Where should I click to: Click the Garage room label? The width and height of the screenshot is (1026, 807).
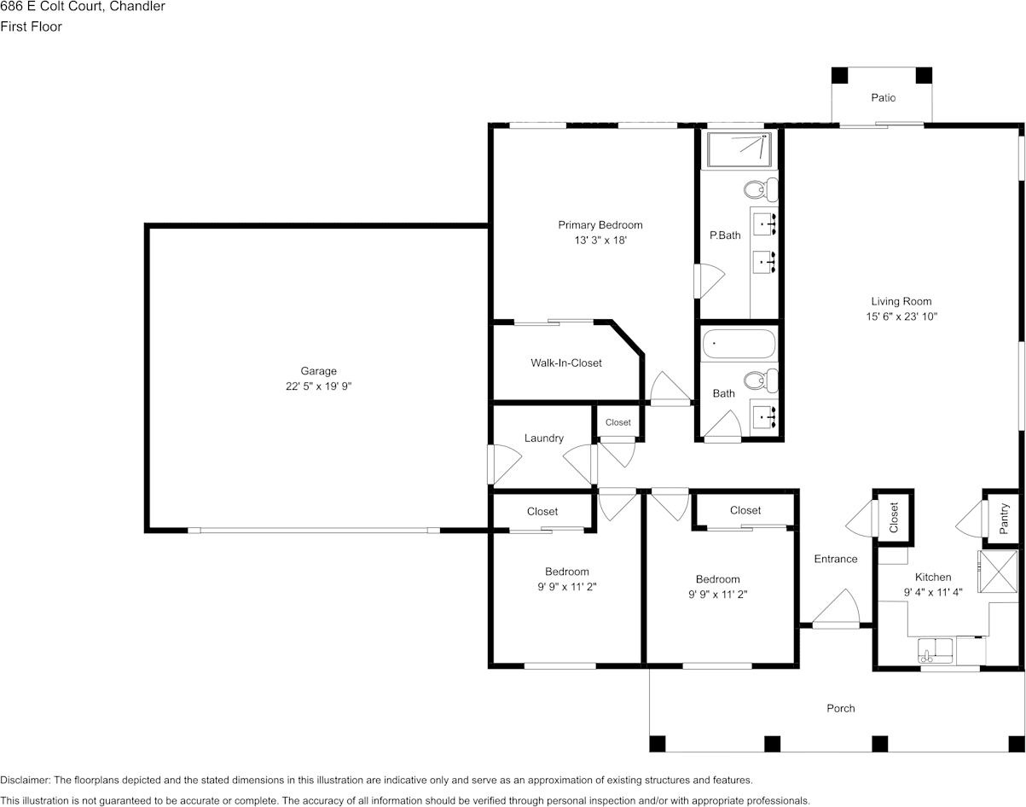click(318, 371)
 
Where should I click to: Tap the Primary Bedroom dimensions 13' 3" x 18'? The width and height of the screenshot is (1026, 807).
click(600, 241)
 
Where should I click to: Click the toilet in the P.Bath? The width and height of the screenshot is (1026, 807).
click(759, 189)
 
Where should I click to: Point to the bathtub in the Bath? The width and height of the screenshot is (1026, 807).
click(739, 345)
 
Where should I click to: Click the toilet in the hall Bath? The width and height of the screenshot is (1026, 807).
click(759, 380)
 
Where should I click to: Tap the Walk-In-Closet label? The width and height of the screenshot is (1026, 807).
click(565, 363)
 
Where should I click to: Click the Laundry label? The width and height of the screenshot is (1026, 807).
click(543, 438)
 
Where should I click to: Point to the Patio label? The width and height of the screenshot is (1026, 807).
click(883, 98)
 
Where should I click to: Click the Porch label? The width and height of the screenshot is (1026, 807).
click(840, 708)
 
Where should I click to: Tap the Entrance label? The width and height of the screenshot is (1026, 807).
click(835, 559)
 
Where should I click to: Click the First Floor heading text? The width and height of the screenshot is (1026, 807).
click(31, 26)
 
